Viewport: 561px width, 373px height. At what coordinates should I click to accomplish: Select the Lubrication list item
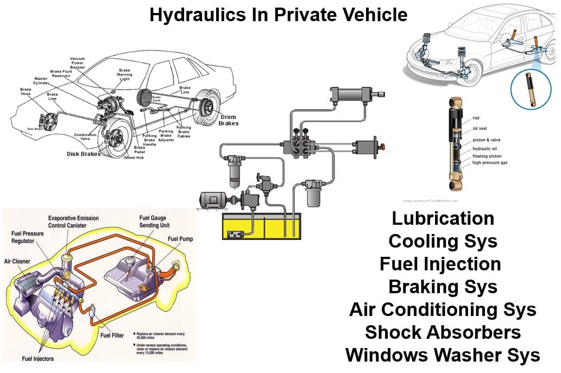click(443, 218)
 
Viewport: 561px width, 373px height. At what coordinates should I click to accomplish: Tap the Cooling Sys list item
click(443, 241)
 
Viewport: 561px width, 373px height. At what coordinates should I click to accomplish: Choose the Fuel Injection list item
click(440, 264)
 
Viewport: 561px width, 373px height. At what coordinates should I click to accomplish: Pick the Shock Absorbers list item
click(443, 332)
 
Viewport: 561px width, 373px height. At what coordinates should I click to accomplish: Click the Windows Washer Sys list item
click(443, 355)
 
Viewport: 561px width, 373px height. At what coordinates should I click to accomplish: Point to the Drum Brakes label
click(229, 120)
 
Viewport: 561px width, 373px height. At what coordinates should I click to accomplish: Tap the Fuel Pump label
click(180, 238)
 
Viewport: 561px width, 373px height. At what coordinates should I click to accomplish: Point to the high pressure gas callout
click(489, 162)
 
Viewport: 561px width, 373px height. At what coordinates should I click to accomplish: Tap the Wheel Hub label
click(134, 158)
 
